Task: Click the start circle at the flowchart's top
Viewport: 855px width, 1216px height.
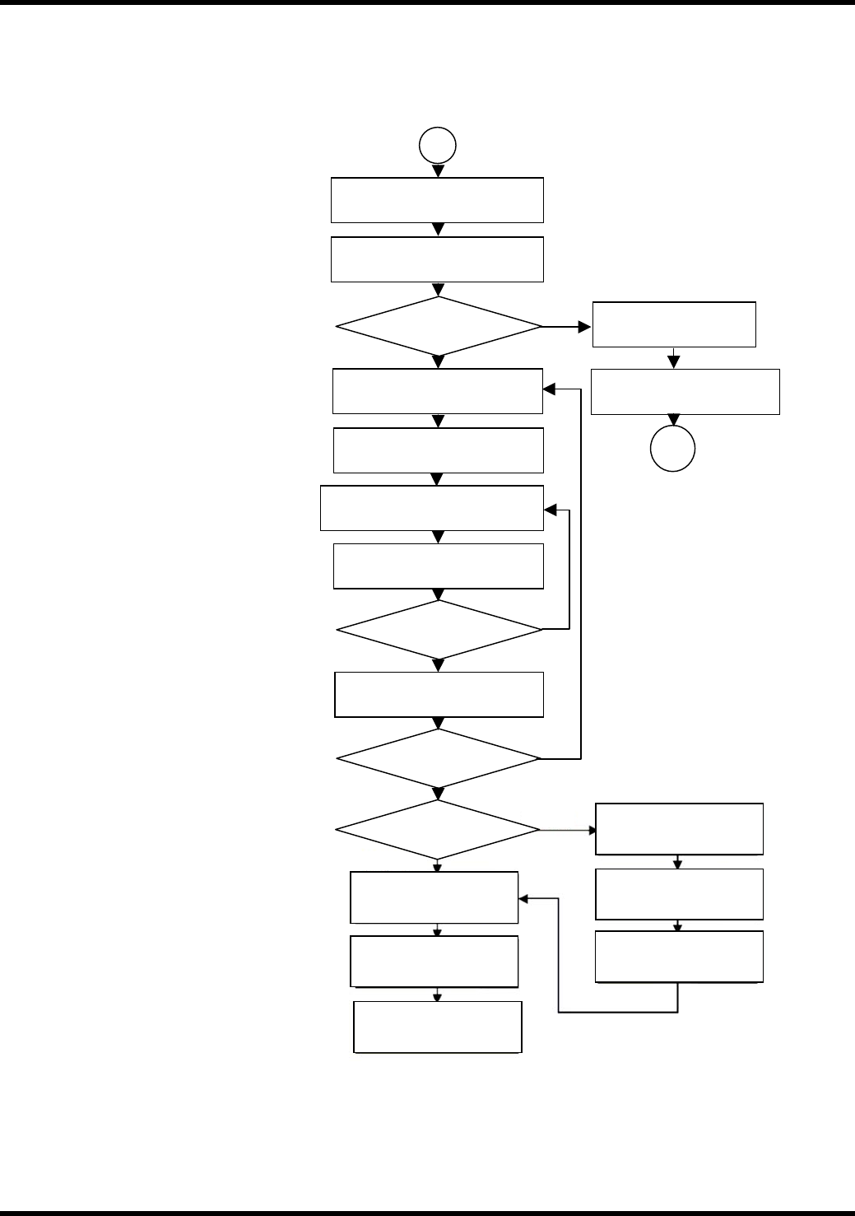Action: tap(438, 146)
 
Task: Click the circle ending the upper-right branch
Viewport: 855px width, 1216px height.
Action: tap(673, 450)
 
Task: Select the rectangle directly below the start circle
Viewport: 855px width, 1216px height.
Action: tap(437, 200)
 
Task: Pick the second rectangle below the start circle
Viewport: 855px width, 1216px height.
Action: tap(437, 259)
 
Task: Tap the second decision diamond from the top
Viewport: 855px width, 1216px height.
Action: tap(439, 630)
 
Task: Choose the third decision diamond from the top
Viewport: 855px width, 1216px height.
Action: tap(439, 758)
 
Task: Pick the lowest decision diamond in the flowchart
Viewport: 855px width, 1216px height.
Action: tap(438, 830)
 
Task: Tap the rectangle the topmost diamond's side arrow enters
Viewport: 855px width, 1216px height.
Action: tap(674, 324)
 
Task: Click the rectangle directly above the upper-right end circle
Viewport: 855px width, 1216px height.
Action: tap(685, 392)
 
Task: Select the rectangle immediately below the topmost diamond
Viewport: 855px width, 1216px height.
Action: tap(438, 391)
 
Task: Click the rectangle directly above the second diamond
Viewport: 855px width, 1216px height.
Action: tap(439, 566)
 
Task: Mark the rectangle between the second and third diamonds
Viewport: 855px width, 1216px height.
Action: tap(439, 695)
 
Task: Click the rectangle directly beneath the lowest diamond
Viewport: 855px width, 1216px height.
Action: tap(434, 897)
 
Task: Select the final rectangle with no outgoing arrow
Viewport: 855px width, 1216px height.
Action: tap(438, 1027)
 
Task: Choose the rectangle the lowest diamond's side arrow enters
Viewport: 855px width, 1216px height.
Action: tap(679, 829)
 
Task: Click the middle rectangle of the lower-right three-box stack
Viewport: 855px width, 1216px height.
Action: tap(679, 894)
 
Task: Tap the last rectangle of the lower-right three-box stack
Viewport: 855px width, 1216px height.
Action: tap(679, 957)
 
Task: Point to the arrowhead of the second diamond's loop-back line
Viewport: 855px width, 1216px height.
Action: tap(550, 510)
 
